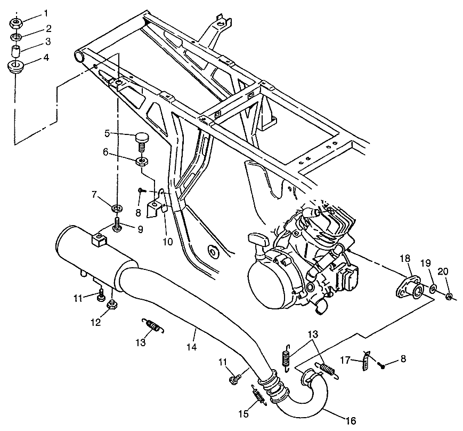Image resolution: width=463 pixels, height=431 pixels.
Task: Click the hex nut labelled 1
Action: [x=16, y=23]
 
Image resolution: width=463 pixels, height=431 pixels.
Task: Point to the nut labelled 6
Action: [x=142, y=161]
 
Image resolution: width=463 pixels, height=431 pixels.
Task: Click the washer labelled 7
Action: [x=116, y=206]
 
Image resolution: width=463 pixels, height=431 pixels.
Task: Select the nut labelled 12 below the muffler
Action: [x=111, y=305]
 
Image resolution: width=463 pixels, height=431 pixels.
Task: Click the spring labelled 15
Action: [x=259, y=397]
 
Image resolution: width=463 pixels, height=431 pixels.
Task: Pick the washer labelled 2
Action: [x=16, y=37]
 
